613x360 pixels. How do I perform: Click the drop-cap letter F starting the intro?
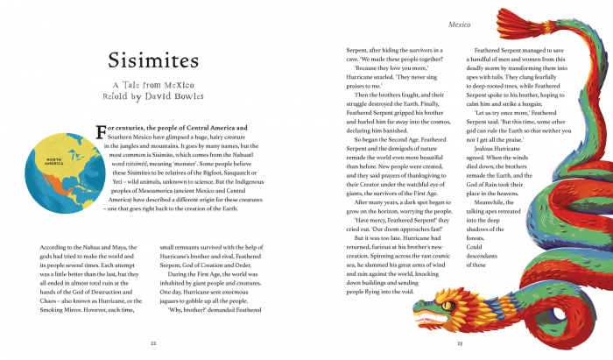pyautogui.click(x=101, y=132)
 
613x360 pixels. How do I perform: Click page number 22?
pyautogui.click(x=153, y=343)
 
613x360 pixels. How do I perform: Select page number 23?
pyautogui.click(x=459, y=343)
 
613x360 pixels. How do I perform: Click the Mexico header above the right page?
pyautogui.click(x=461, y=25)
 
